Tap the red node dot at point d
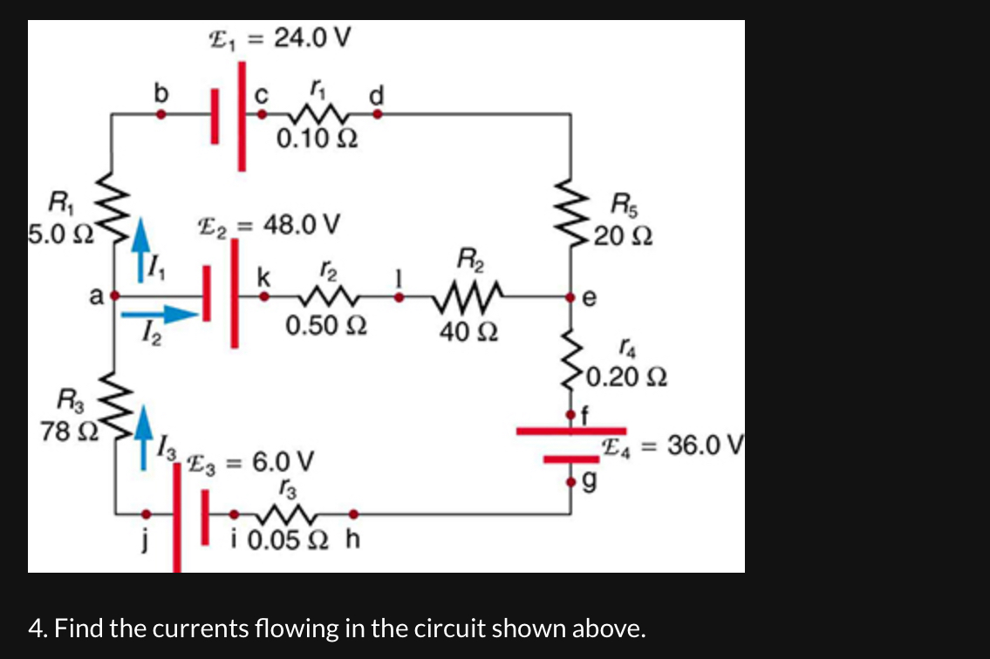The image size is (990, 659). (x=378, y=113)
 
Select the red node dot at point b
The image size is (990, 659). (x=160, y=113)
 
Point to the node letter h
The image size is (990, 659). (x=352, y=540)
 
